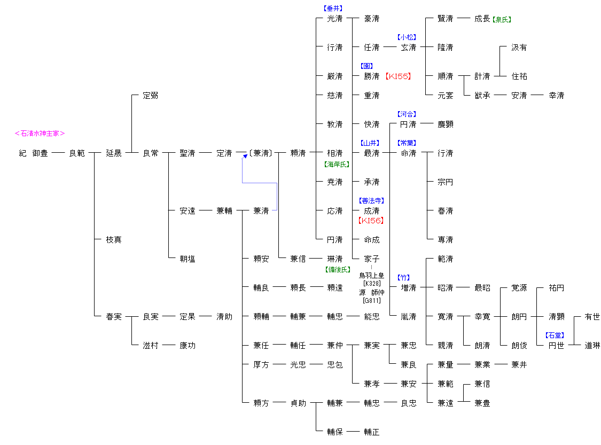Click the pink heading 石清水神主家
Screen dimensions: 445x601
pos(40,134)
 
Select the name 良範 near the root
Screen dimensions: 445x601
pos(77,153)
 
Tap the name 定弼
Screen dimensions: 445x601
pos(150,96)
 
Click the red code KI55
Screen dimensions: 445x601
pos(398,76)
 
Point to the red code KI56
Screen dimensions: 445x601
pos(371,220)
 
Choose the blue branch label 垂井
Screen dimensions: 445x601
pos(333,9)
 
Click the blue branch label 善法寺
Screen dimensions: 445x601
pos(372,201)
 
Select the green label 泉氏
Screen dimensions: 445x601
pos(502,19)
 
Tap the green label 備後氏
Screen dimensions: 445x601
pos(338,269)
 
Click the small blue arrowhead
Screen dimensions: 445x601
pos(245,157)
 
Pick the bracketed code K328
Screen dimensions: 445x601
pos(372,283)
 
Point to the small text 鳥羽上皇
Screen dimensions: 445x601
pos(372,276)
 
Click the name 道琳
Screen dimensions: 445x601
pos(592,346)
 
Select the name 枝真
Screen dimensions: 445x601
pos(114,240)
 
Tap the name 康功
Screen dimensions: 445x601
pos(188,346)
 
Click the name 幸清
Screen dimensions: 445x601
pos(556,96)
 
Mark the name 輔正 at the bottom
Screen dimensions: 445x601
pos(372,432)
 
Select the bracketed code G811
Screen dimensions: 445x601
pos(372,300)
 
